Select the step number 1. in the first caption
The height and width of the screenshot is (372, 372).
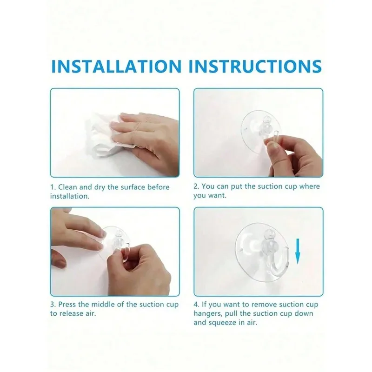(53, 187)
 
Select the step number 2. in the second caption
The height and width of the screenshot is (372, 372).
(197, 186)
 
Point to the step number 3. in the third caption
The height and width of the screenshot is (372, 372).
(53, 304)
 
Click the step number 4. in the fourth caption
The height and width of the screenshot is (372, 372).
(197, 304)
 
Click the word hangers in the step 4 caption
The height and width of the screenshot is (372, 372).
(209, 313)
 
